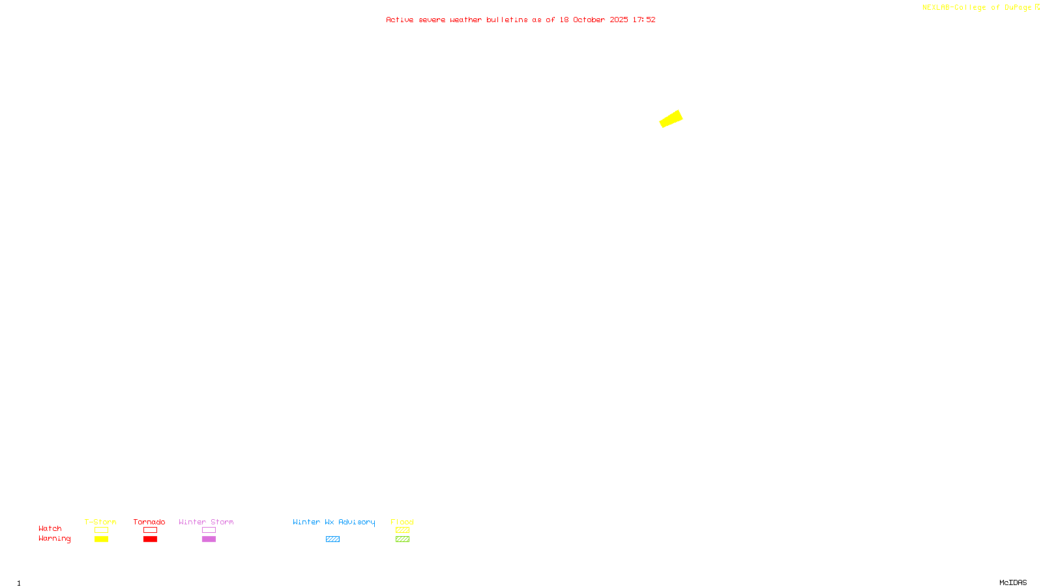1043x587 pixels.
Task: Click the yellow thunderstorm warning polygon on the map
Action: coord(671,119)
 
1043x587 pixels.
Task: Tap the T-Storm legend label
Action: coord(100,522)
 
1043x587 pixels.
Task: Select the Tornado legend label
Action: coord(149,522)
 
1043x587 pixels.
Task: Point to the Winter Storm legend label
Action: coord(206,522)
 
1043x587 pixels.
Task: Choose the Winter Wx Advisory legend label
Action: coord(334,522)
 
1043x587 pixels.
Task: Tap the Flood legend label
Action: coord(402,522)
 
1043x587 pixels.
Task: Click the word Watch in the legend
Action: coord(50,528)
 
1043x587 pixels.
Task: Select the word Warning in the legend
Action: coord(55,539)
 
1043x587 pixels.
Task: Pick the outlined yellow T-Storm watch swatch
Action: coord(101,530)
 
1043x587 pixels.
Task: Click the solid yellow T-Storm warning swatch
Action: coord(101,539)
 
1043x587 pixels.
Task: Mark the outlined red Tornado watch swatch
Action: coord(150,530)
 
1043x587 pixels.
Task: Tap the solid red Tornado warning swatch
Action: coord(150,539)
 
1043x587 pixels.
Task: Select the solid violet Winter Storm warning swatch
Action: coord(209,539)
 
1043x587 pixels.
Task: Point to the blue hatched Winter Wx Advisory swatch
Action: coord(332,539)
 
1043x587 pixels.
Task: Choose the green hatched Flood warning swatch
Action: coord(402,539)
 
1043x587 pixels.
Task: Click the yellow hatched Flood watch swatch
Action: coord(402,530)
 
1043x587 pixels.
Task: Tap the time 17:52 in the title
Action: coord(644,20)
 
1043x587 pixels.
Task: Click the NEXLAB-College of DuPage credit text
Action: coord(977,8)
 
